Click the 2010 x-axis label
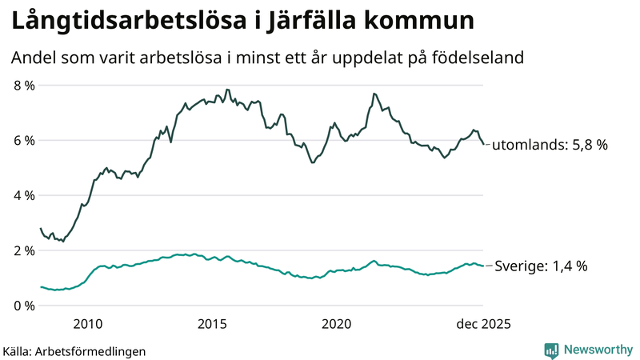tap(87, 324)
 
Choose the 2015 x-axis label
tap(212, 324)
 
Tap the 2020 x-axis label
tap(337, 324)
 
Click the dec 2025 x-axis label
tap(482, 324)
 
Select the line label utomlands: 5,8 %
tap(550, 146)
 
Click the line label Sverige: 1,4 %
tap(542, 266)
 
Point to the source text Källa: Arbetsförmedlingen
tap(74, 350)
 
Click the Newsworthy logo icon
tap(551, 350)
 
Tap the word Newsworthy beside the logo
tap(597, 350)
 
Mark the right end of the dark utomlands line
tap(483, 145)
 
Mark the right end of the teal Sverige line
tap(483, 266)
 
